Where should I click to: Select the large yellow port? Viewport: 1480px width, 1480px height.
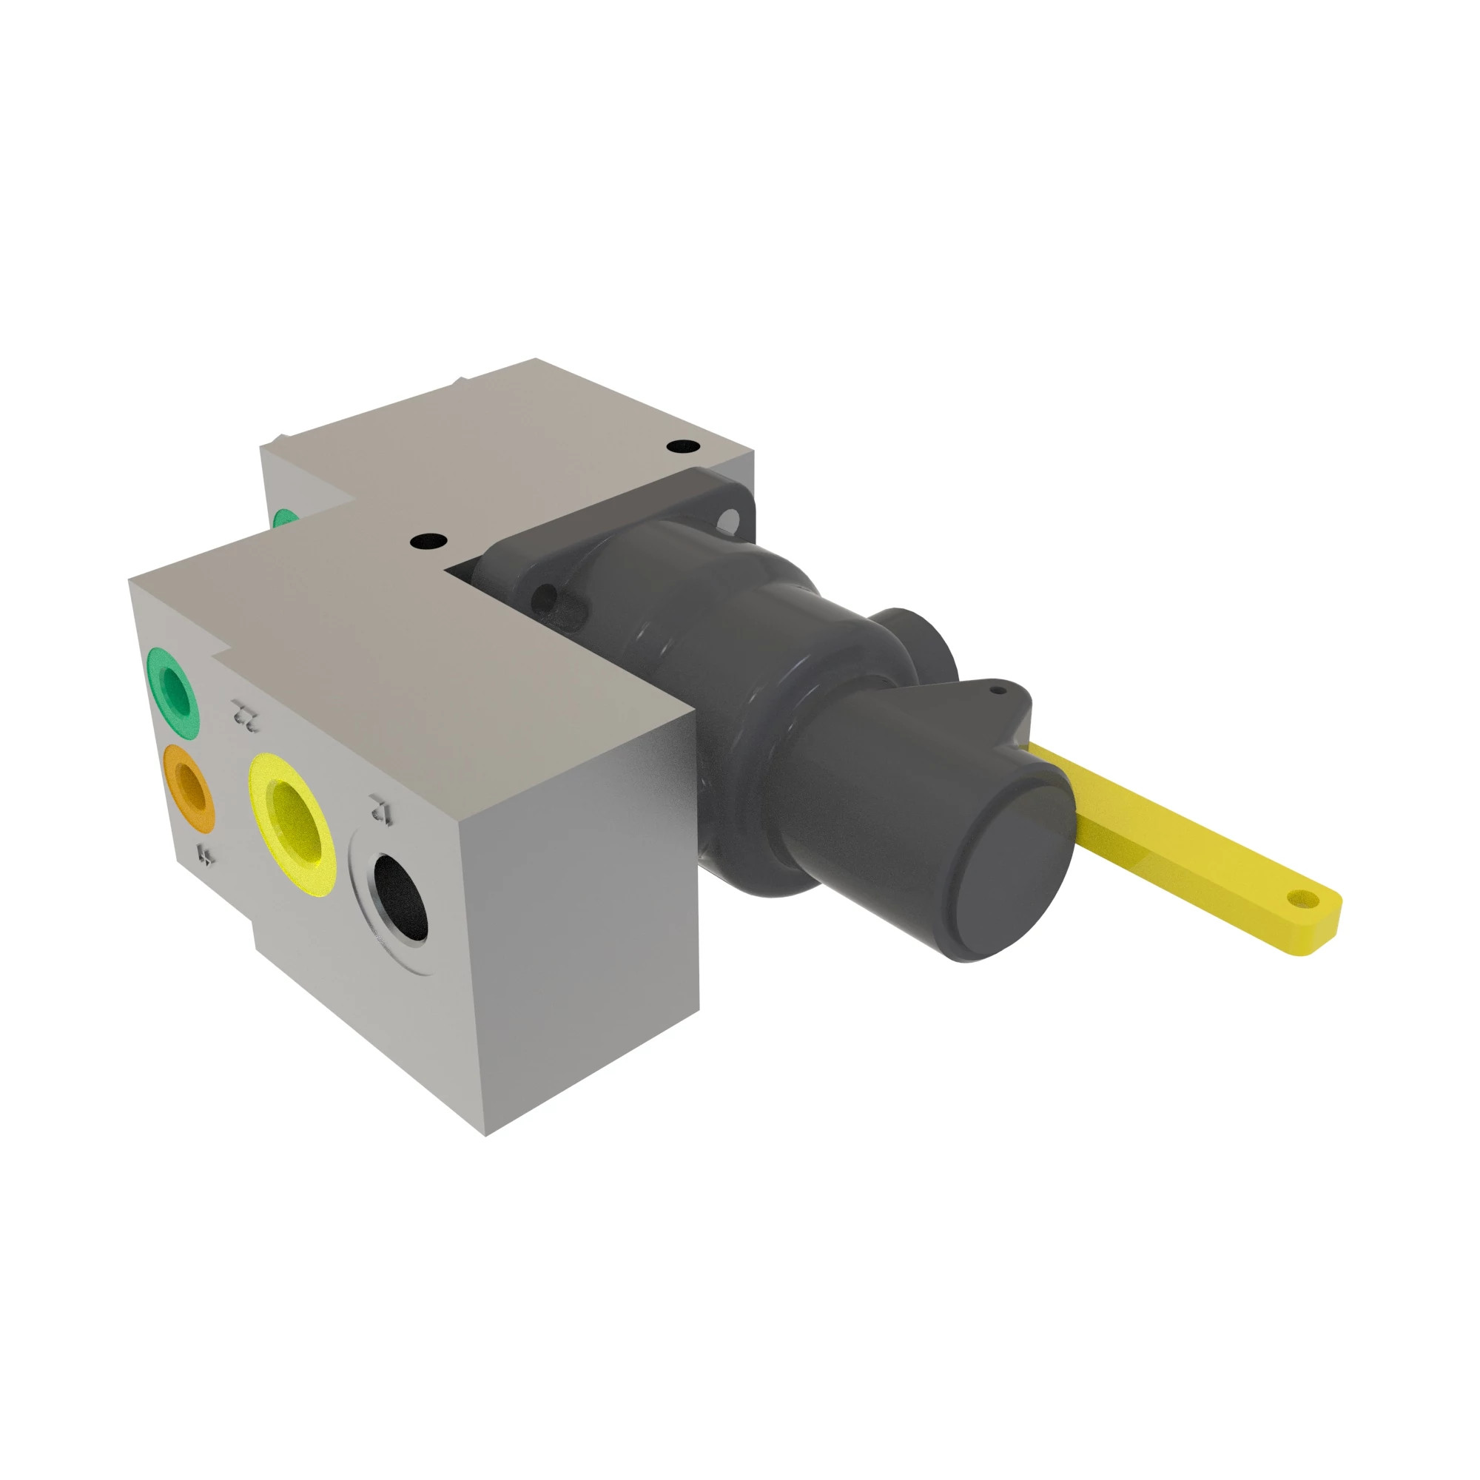(293, 822)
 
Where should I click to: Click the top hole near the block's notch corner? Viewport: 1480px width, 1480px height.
(428, 542)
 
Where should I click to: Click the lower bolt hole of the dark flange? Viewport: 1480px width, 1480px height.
(546, 597)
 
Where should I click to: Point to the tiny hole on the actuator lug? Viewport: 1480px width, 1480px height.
(997, 690)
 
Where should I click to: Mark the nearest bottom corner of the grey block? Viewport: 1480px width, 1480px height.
(486, 1134)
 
